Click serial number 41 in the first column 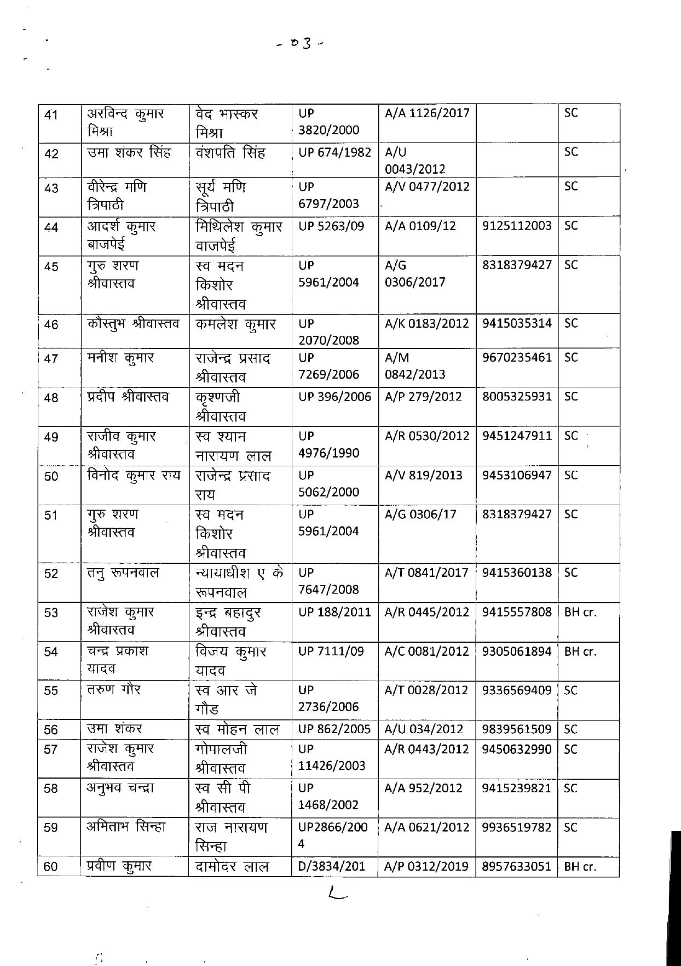coord(51,116)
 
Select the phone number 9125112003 coord(517,226)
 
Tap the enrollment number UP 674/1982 coord(334,152)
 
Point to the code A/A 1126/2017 coord(427,113)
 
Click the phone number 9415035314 coord(517,323)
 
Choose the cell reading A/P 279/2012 coord(423,397)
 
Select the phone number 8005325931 coord(517,397)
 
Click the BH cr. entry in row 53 coord(580,612)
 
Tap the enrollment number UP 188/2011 coord(334,612)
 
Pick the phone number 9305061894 coord(517,651)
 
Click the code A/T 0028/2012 coord(426,690)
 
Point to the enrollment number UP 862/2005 coord(334,729)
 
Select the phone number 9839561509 coord(517,729)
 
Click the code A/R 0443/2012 coord(426,749)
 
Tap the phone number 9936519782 coord(517,827)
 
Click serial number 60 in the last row coord(50,867)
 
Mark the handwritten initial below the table coord(337,895)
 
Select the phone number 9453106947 coord(517,475)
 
